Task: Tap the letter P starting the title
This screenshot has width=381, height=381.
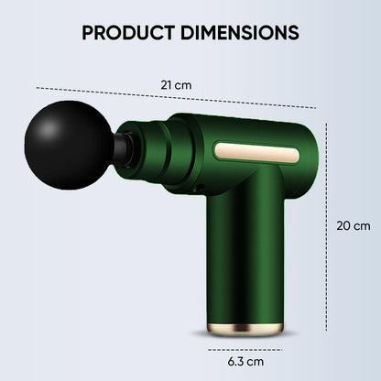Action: (88, 32)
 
